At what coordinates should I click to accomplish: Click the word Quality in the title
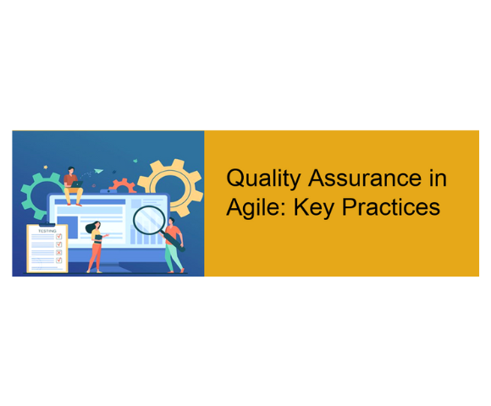(263, 178)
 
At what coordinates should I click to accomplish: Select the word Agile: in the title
(256, 208)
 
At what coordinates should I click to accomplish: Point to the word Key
(313, 208)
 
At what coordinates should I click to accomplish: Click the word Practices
(391, 206)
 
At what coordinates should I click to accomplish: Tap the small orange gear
(123, 185)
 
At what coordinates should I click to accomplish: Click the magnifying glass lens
(149, 220)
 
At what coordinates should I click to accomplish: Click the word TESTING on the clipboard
(47, 231)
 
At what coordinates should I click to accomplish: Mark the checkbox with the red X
(58, 252)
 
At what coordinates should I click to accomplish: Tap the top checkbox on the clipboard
(58, 237)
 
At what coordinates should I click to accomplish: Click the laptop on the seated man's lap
(76, 184)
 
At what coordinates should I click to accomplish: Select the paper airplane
(98, 171)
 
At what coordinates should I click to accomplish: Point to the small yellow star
(46, 167)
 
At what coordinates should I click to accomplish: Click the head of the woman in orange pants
(97, 225)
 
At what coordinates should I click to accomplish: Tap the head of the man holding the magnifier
(172, 221)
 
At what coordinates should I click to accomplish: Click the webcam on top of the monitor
(108, 191)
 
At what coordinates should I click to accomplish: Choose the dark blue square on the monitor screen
(67, 227)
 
